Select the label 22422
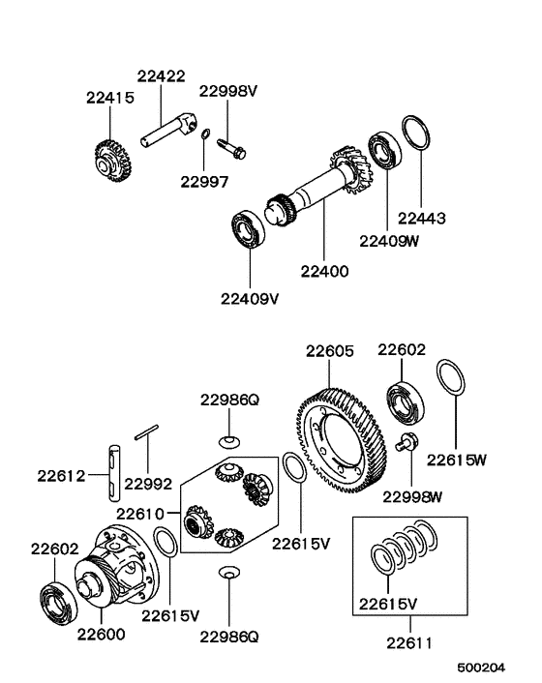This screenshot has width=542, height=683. [x=165, y=76]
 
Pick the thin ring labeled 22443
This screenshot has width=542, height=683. [x=413, y=134]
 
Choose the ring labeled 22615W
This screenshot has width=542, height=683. [x=449, y=378]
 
